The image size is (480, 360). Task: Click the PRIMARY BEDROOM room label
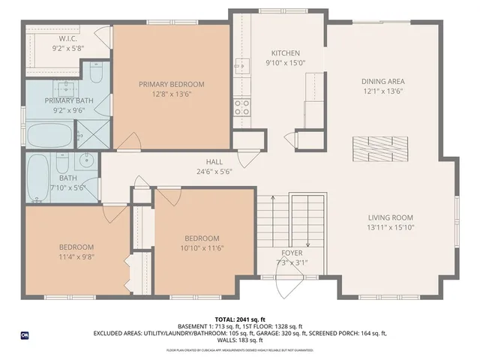(171, 85)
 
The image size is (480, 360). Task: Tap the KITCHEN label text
(285, 53)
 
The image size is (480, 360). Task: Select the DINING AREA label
(383, 81)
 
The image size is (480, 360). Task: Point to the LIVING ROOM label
(390, 217)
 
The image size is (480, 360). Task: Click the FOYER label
(292, 253)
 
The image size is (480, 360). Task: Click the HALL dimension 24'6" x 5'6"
(214, 171)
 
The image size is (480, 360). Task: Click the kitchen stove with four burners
(241, 107)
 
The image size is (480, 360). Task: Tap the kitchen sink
(241, 67)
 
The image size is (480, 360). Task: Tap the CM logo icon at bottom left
(24, 335)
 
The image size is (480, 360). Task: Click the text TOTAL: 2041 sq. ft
(239, 319)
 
